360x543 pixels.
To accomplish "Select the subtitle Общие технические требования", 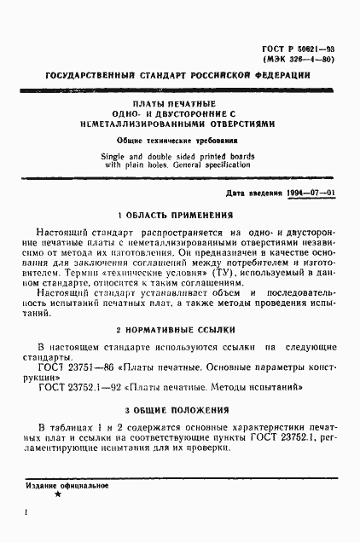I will tap(178, 139).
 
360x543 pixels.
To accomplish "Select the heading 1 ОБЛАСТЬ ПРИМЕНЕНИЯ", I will tap(178, 217).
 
